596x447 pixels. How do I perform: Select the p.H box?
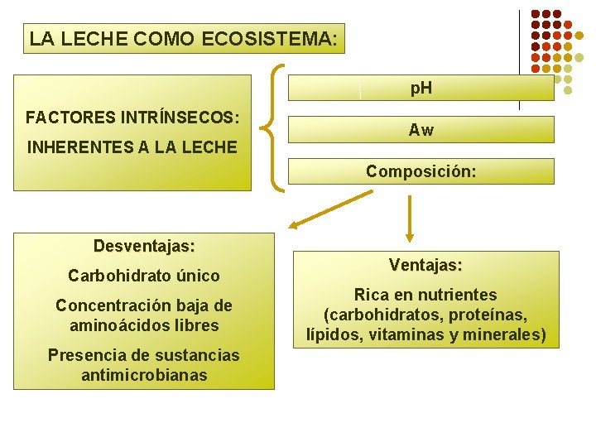click(x=421, y=89)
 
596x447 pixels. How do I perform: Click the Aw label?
click(x=421, y=130)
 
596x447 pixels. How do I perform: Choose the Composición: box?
click(x=421, y=171)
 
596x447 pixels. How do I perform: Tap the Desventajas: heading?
click(x=144, y=246)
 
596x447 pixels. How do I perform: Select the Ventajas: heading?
click(x=425, y=266)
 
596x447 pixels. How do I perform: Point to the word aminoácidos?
click(x=116, y=325)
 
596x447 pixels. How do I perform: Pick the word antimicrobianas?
click(x=144, y=375)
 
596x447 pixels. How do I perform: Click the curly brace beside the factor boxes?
click(x=274, y=128)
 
